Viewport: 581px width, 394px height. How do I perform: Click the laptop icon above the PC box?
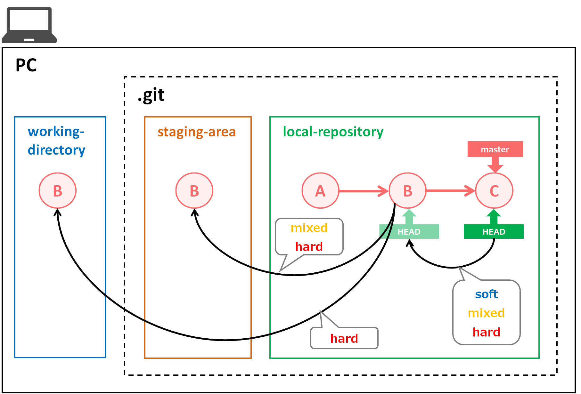(x=29, y=25)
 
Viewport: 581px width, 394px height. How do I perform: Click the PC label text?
(x=26, y=65)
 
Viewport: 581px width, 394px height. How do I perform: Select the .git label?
(x=151, y=95)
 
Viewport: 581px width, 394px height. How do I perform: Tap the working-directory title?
(x=56, y=141)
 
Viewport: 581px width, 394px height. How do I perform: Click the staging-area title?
(x=197, y=132)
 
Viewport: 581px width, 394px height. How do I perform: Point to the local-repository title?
(x=333, y=132)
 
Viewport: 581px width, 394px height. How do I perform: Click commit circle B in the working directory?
(x=58, y=191)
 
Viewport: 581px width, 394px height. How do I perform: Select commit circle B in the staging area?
(x=194, y=191)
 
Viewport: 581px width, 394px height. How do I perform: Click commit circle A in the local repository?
(x=320, y=191)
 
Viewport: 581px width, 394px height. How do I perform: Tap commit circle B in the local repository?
(x=408, y=191)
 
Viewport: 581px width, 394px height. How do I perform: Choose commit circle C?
(x=494, y=191)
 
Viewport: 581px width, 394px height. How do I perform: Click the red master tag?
(x=495, y=149)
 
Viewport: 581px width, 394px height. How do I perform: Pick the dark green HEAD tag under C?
(x=494, y=231)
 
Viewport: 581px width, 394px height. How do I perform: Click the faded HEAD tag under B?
(x=409, y=231)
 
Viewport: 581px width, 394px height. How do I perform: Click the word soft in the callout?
(x=486, y=294)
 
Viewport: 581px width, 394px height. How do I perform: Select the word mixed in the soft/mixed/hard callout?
(x=486, y=313)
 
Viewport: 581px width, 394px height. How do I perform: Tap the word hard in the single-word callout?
(x=344, y=338)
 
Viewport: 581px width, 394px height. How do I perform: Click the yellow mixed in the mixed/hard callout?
(x=309, y=228)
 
